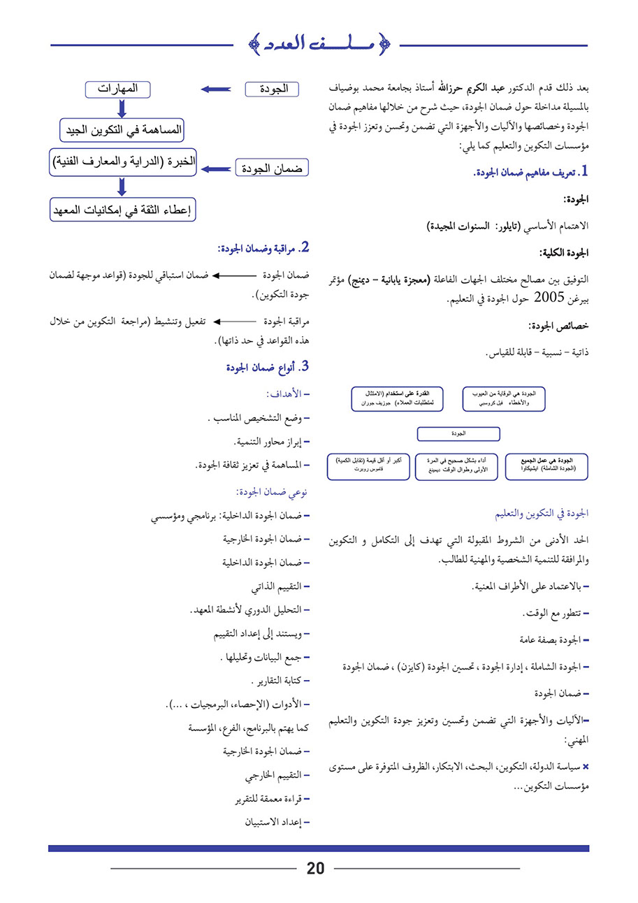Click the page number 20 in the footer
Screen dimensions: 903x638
316,869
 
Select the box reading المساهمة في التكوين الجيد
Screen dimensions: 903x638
122,130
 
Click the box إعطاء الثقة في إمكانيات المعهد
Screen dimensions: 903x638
122,210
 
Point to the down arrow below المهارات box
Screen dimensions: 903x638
122,108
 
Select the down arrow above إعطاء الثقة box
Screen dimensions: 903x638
122,187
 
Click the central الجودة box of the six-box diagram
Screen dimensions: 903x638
458,434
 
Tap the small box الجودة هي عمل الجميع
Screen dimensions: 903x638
547,466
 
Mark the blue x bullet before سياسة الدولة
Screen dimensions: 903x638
586,767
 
